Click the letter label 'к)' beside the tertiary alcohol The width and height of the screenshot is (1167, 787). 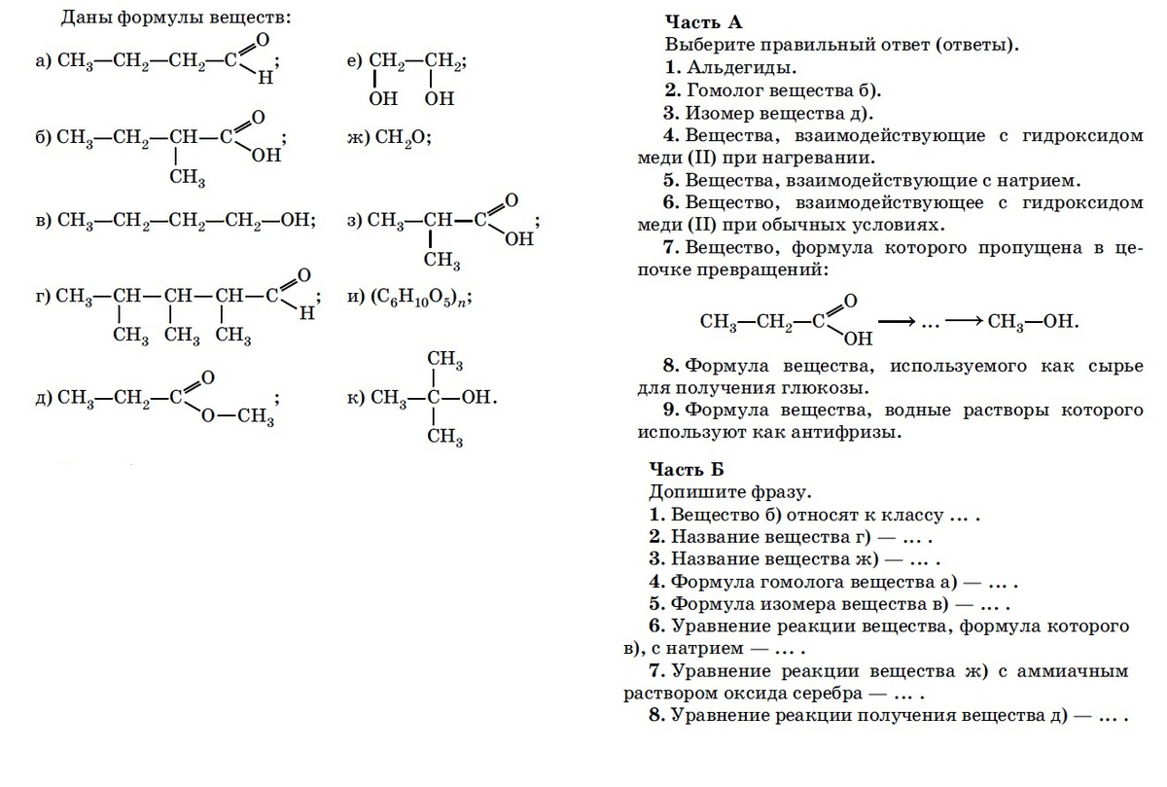[x=355, y=398]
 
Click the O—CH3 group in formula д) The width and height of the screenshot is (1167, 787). [x=238, y=416]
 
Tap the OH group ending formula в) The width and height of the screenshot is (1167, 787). [x=296, y=221]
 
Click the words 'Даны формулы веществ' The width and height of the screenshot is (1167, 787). [x=175, y=18]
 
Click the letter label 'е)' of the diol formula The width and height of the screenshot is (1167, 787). [x=354, y=61]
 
